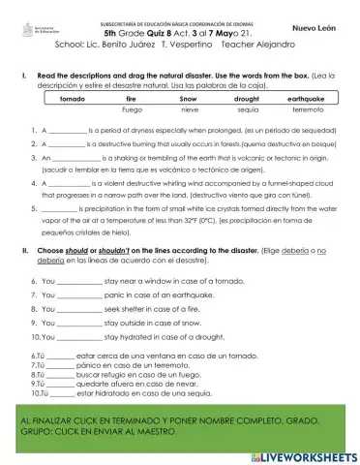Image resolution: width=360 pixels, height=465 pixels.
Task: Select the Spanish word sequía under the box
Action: (x=246, y=110)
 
